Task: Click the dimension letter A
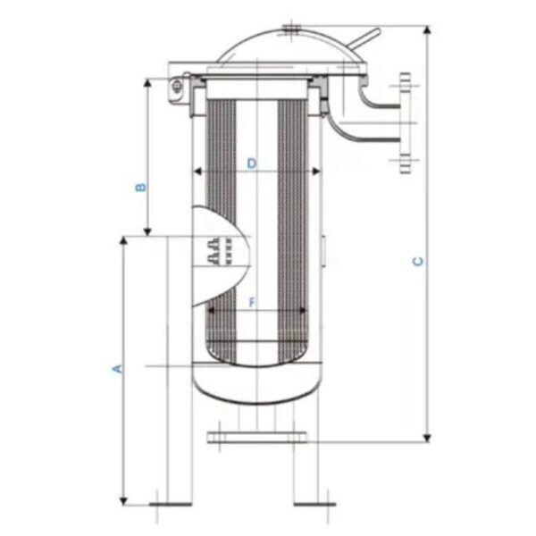tap(115, 367)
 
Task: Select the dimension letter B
tap(139, 188)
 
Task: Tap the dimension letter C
tap(416, 262)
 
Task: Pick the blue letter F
tap(253, 304)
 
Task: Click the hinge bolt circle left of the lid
tap(178, 86)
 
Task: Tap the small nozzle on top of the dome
tap(291, 30)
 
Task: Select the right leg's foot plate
tap(314, 504)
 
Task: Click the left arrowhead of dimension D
tap(198, 172)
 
